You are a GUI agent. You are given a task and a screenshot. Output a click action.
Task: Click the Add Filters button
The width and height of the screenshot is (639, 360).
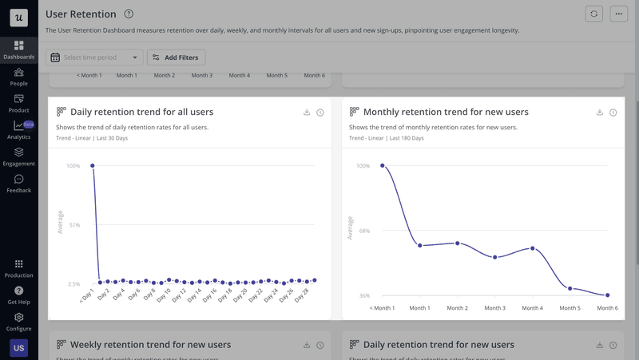[176, 57]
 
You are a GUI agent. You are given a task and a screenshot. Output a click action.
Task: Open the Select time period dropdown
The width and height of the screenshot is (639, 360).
[94, 57]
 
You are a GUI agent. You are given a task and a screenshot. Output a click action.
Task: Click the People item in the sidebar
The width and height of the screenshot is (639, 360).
[18, 77]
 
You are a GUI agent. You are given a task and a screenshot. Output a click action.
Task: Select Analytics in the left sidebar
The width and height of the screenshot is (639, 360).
[18, 130]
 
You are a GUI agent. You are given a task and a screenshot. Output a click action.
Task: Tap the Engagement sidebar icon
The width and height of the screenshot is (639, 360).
[18, 156]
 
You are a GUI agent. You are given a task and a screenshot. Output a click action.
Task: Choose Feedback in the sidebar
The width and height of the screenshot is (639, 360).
[18, 184]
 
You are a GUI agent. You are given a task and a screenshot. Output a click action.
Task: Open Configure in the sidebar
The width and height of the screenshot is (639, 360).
[18, 322]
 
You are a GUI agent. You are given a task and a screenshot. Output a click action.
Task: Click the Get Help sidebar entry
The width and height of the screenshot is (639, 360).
[18, 295]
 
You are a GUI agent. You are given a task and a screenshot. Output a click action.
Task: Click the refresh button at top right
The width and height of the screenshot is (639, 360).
[593, 14]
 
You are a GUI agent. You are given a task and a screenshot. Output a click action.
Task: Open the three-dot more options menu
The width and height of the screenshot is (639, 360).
[618, 14]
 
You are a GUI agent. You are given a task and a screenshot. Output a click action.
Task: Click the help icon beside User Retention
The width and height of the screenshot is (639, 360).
[129, 14]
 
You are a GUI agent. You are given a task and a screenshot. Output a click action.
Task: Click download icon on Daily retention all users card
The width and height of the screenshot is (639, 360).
[307, 113]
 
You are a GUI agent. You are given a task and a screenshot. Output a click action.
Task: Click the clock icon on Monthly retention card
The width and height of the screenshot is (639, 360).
[613, 113]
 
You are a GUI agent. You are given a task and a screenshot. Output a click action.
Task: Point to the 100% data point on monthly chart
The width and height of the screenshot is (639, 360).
[382, 166]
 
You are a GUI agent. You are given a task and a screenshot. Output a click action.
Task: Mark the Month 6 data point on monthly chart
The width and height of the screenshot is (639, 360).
[607, 295]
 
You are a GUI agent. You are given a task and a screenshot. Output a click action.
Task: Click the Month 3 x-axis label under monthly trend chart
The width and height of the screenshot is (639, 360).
[494, 308]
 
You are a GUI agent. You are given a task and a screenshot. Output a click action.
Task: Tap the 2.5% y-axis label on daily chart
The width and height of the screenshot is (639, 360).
[73, 283]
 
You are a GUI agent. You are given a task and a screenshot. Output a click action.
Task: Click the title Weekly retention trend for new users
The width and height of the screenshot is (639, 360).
[150, 345]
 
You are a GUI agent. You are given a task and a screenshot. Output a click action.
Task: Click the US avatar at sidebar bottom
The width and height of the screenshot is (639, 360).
[18, 349]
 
